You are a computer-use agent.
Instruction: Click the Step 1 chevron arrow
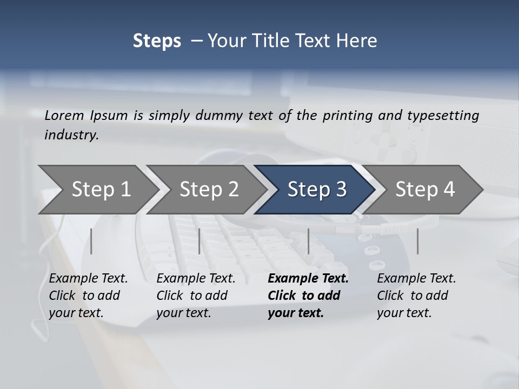(x=97, y=190)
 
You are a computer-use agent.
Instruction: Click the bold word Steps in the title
(x=157, y=41)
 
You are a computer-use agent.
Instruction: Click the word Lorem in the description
(x=64, y=115)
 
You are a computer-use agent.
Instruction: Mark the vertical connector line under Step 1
(x=91, y=241)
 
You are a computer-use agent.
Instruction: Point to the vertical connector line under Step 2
(x=199, y=241)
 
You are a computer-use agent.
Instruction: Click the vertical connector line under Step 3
(x=308, y=241)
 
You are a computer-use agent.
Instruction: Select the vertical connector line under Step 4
(x=417, y=241)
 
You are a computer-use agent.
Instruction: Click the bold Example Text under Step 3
(x=308, y=279)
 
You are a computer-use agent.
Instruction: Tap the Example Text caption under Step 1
(x=88, y=279)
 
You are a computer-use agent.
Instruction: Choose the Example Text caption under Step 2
(x=196, y=279)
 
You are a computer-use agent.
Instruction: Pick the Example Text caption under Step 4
(x=416, y=279)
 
